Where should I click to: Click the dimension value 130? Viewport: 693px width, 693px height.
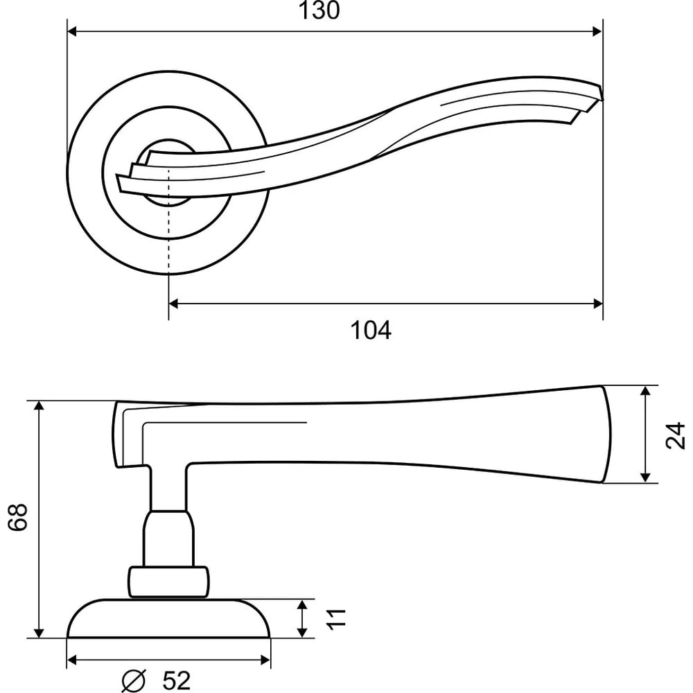click(319, 10)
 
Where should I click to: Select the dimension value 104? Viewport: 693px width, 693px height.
click(370, 330)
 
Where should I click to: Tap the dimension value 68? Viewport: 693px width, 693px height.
click(18, 516)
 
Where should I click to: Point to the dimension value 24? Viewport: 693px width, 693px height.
click(675, 435)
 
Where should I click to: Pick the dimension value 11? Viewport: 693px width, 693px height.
click(336, 618)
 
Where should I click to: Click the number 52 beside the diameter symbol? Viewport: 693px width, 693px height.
click(176, 681)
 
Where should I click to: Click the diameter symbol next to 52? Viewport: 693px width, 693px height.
click(134, 681)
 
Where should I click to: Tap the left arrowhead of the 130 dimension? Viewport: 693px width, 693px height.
click(72, 31)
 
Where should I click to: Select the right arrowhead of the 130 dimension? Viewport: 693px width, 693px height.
click(597, 31)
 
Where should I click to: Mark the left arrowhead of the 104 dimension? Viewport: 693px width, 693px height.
click(174, 304)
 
